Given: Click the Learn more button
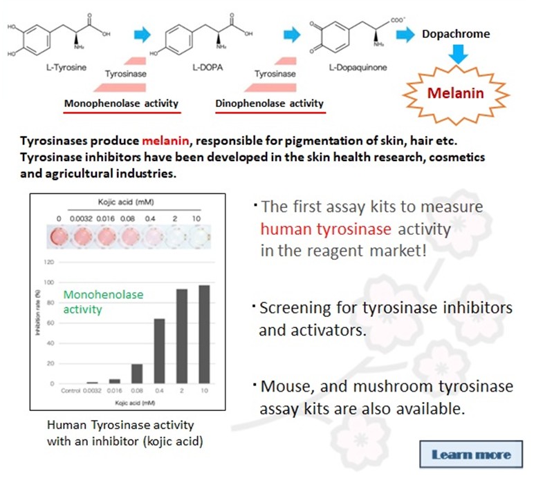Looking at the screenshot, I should (x=471, y=455).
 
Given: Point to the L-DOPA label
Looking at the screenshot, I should (x=207, y=68).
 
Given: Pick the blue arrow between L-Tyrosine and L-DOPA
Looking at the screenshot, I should (x=142, y=32).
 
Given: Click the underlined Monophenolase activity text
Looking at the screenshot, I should (x=121, y=104).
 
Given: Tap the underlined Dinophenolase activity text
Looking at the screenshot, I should (x=270, y=104).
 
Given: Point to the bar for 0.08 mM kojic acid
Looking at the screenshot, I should (x=137, y=374).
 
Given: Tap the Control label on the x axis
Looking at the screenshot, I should (x=71, y=391).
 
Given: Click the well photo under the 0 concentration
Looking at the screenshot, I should (x=60, y=236).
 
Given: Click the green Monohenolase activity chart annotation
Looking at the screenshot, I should (x=104, y=302).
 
